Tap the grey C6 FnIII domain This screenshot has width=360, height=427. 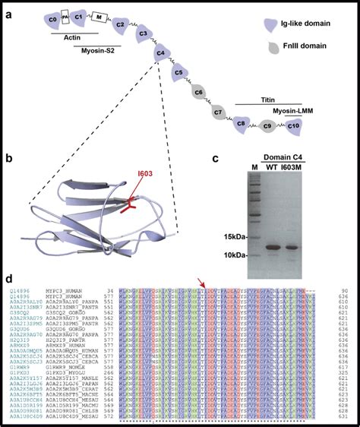coord(198,94)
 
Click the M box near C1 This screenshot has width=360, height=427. coord(99,17)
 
